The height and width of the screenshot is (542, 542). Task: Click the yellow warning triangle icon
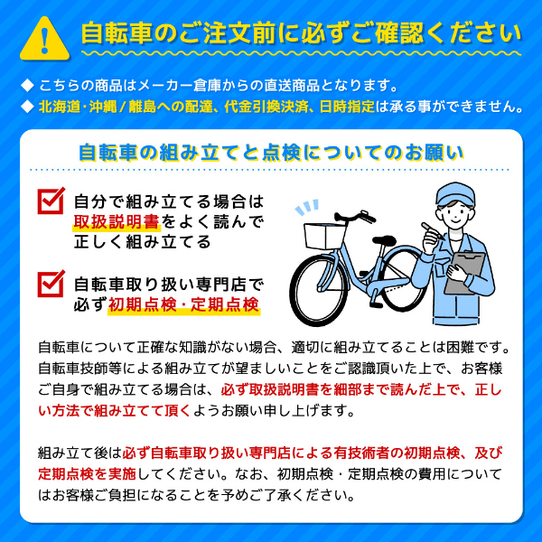(42, 36)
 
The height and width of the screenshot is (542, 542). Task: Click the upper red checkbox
(51, 201)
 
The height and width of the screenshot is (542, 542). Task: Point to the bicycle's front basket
(321, 237)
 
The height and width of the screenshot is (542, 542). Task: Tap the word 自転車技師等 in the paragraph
(81, 368)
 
